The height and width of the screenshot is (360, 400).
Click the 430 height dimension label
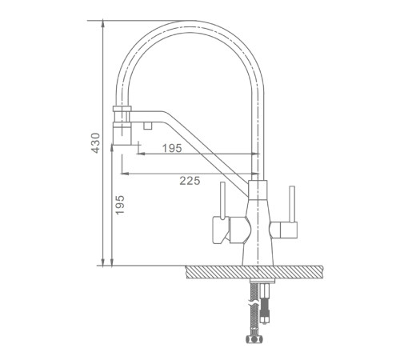95,143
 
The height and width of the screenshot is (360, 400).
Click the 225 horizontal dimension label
190,181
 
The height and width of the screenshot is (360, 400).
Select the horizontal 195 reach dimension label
172,148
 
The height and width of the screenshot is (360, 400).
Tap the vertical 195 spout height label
120,205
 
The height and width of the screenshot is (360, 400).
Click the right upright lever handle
292,204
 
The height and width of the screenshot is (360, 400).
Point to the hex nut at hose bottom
254,339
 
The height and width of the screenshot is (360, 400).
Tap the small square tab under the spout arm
147,126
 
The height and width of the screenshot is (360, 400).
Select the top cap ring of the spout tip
122,109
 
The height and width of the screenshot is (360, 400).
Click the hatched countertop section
254,272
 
